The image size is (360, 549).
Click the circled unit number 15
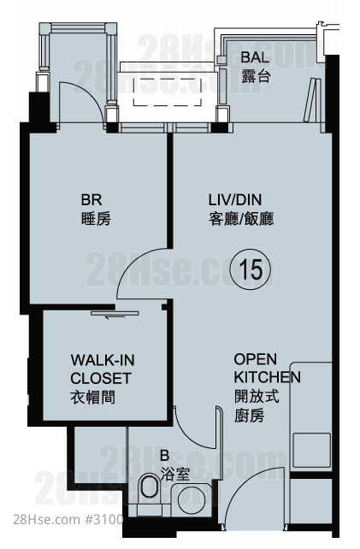250,269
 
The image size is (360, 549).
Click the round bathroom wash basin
192,499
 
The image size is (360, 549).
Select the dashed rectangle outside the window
167,91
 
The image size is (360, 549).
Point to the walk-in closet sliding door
115,313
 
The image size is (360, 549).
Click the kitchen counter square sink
311,450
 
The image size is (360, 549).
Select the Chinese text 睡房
96,219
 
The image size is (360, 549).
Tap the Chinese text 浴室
175,475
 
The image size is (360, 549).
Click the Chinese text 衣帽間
93,398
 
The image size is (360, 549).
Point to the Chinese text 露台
256,76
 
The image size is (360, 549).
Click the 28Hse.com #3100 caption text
68,519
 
